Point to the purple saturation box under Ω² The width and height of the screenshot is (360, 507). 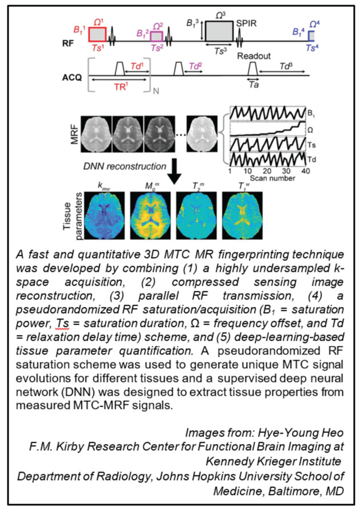click(x=157, y=37)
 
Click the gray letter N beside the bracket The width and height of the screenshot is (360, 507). click(x=154, y=91)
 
